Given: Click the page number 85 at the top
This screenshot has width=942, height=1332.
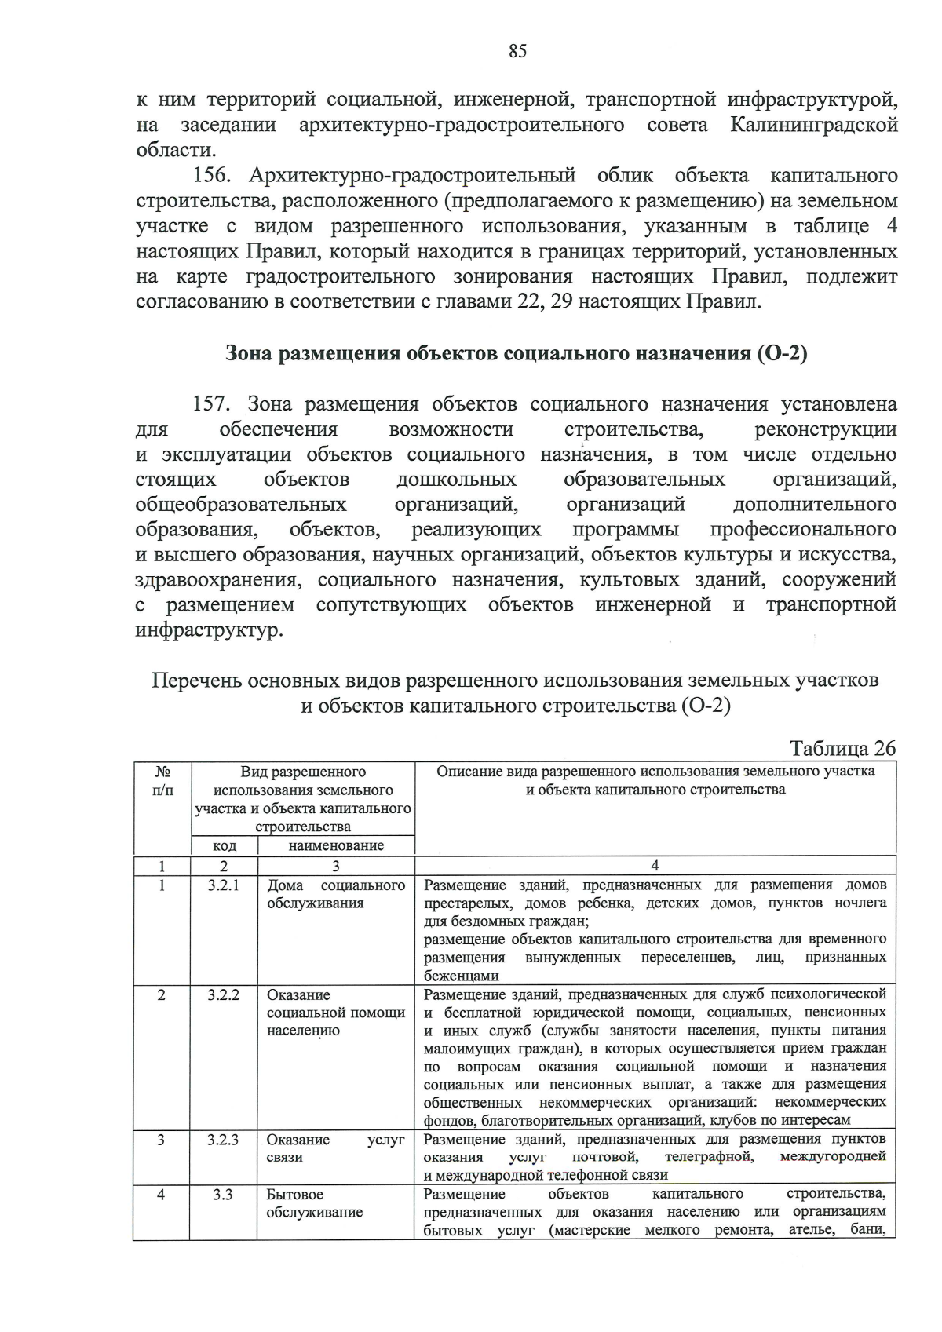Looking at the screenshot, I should point(517,52).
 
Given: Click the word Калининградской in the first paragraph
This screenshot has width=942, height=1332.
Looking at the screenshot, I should point(814,125).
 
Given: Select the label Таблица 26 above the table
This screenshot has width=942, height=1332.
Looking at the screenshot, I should point(842,748).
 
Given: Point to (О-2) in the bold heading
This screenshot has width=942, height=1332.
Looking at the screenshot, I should point(782,353).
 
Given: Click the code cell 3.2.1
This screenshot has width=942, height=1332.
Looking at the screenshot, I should point(223,885).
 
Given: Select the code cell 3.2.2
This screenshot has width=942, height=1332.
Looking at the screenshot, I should point(223,994).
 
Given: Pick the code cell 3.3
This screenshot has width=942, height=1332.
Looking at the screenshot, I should point(223,1195).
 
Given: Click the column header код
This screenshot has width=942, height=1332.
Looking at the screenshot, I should point(225,846).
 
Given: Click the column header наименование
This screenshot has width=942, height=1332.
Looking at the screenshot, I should point(336,846).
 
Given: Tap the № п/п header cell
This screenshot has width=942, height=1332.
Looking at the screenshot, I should point(162,780).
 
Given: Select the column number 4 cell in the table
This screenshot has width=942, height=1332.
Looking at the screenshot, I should point(655,866).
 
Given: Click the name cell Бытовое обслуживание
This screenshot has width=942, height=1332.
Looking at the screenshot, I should point(314,1203).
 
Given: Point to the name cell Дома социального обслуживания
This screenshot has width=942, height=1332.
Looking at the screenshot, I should point(335,894).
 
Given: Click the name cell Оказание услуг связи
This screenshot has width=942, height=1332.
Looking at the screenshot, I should point(335,1148).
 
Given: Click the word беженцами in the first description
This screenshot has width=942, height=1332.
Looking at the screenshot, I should point(461,976).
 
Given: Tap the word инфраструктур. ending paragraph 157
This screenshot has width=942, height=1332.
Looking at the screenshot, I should point(208,630).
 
